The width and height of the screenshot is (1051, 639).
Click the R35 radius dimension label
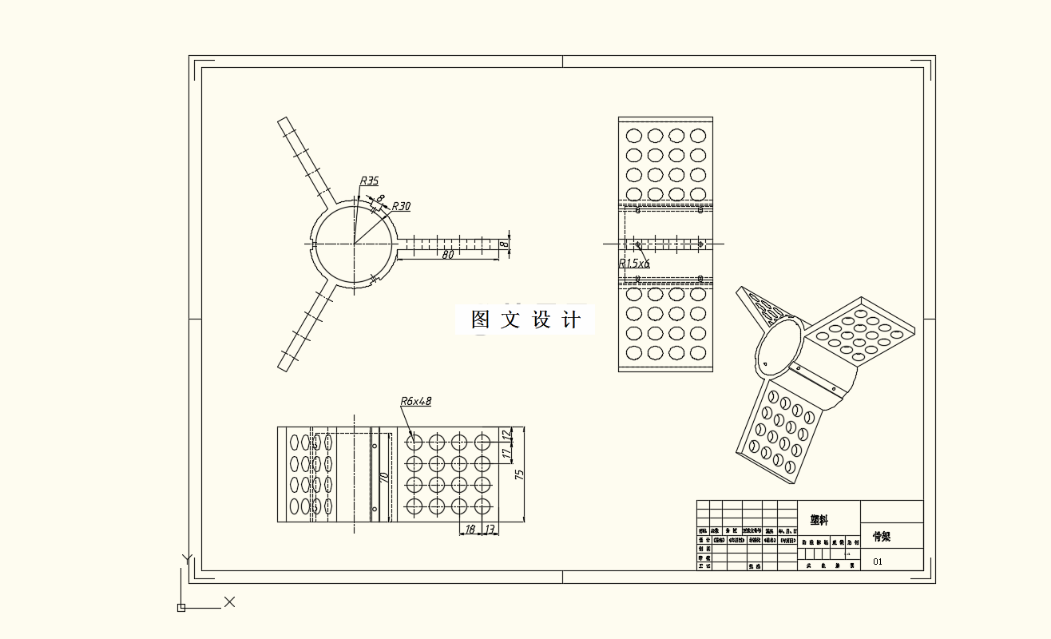pyautogui.click(x=369, y=181)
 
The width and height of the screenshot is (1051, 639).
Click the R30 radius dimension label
pyautogui.click(x=401, y=206)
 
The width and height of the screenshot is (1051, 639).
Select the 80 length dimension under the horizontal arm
pyautogui.click(x=448, y=255)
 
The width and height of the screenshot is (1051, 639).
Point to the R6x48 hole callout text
pyautogui.click(x=415, y=401)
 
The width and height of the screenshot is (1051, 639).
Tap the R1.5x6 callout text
pyautogui.click(x=634, y=262)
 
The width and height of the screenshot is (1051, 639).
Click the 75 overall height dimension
pyautogui.click(x=520, y=474)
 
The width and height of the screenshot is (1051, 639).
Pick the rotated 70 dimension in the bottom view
pyautogui.click(x=384, y=478)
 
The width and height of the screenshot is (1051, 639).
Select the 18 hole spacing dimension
pyautogui.click(x=470, y=529)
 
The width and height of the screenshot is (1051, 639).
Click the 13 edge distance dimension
pyautogui.click(x=490, y=529)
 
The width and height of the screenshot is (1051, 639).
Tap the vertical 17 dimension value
pyautogui.click(x=505, y=453)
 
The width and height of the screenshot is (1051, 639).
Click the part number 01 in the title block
pyautogui.click(x=878, y=562)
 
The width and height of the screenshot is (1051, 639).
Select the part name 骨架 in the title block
pyautogui.click(x=882, y=537)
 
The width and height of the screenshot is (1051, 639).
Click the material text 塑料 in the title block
pyautogui.click(x=819, y=519)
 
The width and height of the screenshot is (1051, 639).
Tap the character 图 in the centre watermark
pyautogui.click(x=480, y=320)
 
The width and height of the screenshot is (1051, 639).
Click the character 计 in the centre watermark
pyautogui.click(x=572, y=320)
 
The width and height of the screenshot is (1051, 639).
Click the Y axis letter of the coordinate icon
pyautogui.click(x=187, y=559)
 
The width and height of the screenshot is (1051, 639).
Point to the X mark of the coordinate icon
pyautogui.click(x=229, y=601)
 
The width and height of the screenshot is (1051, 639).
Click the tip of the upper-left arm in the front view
pyautogui.click(x=282, y=121)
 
